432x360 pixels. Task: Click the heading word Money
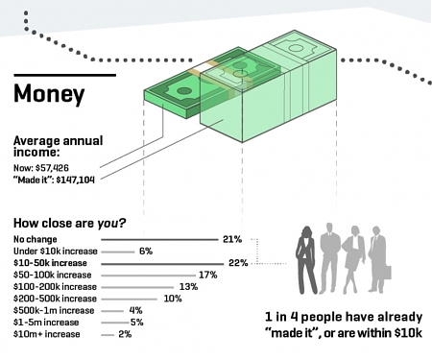[49, 95]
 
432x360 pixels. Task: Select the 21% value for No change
[231, 238]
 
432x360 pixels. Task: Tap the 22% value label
[238, 262]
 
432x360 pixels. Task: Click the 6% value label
[146, 251]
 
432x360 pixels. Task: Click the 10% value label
[173, 298]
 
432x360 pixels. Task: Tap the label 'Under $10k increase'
[54, 251]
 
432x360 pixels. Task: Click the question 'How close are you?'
[69, 224]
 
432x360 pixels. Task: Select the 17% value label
[207, 274]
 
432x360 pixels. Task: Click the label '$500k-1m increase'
[54, 310]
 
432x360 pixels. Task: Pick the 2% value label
[125, 334]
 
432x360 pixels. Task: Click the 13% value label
[188, 286]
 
